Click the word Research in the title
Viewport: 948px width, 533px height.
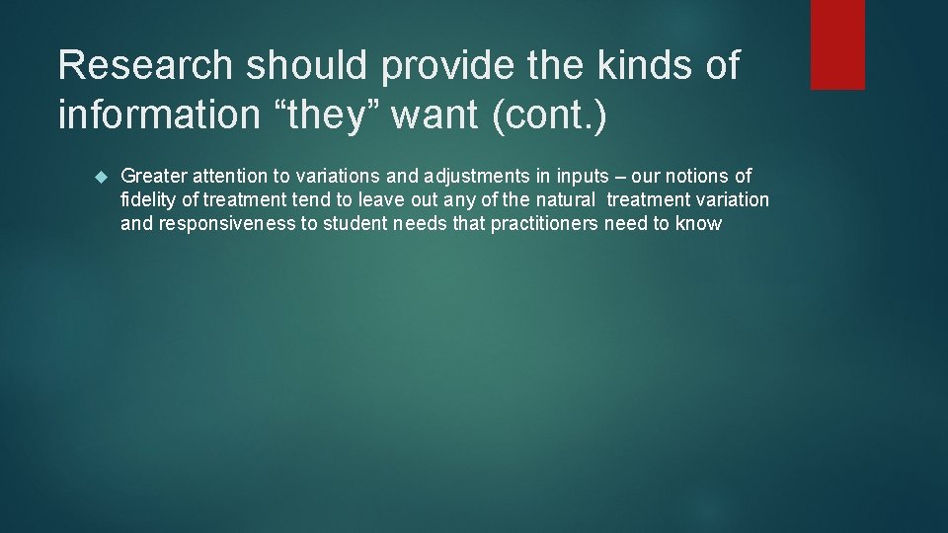[x=144, y=66]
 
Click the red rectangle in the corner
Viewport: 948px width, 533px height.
[x=837, y=44]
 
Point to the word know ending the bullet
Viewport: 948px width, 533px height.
[x=699, y=223]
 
